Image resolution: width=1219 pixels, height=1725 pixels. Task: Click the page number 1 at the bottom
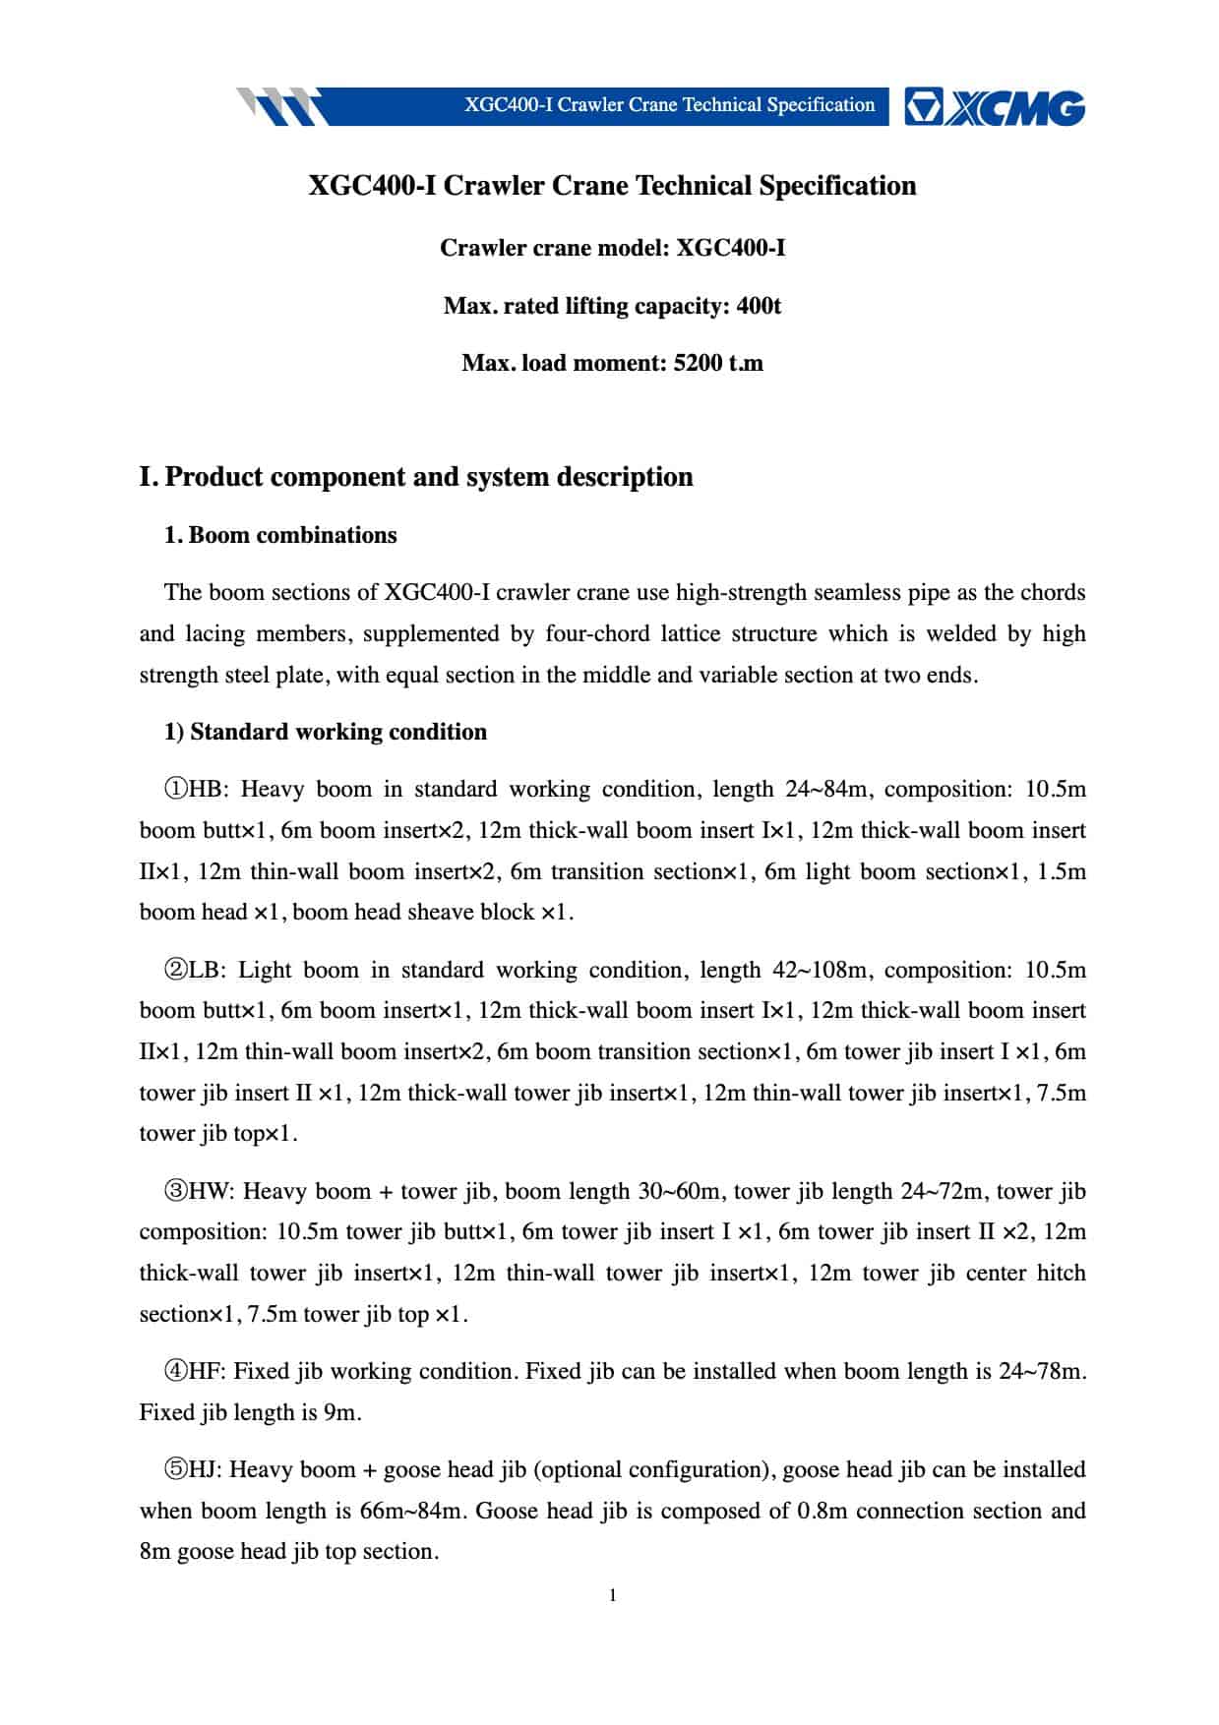pyautogui.click(x=613, y=1594)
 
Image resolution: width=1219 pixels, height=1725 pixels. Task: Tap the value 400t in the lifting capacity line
pyautogui.click(x=759, y=306)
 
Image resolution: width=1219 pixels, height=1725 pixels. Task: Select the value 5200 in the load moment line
pyautogui.click(x=698, y=363)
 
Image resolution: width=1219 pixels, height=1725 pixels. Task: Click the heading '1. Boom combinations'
pyautogui.click(x=280, y=535)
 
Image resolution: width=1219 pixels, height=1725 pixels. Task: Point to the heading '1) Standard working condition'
pyautogui.click(x=325, y=732)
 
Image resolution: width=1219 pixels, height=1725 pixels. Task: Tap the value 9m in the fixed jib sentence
pyautogui.click(x=340, y=1413)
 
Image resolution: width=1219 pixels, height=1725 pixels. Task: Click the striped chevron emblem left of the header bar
pyautogui.click(x=279, y=106)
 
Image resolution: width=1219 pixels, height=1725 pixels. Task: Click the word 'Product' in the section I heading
pyautogui.click(x=213, y=477)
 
